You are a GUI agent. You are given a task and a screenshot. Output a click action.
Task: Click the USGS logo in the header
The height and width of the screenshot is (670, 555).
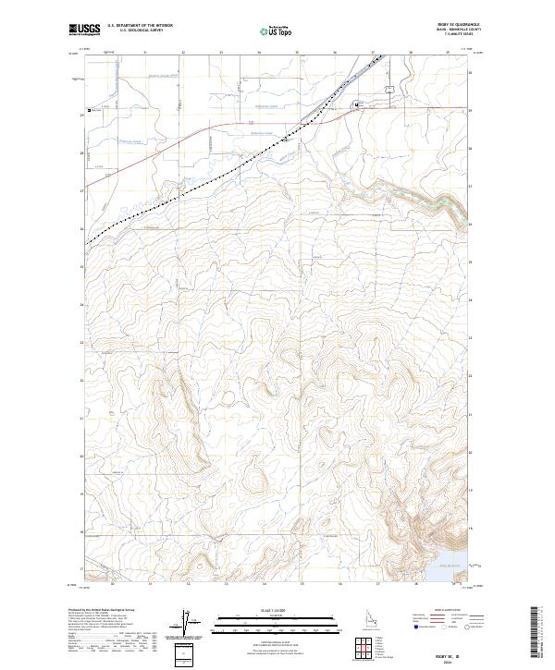click(85, 30)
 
